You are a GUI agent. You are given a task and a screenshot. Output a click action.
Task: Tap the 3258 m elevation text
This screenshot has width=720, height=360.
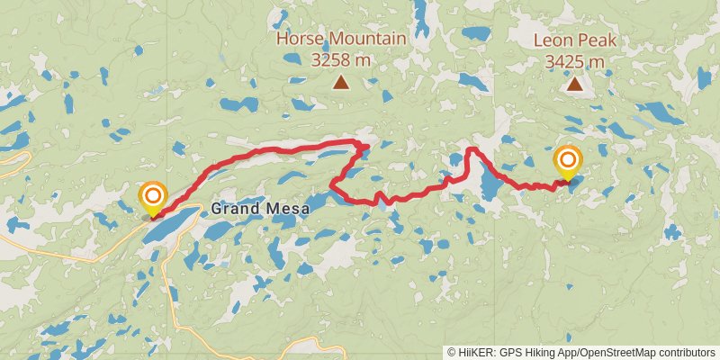[341, 60]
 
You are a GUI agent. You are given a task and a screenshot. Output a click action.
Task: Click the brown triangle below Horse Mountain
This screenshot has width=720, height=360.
[341, 84]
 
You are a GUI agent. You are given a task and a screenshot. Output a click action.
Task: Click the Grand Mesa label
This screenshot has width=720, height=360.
[260, 209]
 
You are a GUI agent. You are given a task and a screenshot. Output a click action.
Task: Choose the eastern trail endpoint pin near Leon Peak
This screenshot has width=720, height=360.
[568, 162]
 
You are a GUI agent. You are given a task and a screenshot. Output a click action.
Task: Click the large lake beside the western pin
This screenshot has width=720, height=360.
[171, 226]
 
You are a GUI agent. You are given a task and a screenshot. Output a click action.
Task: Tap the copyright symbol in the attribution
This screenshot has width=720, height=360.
[452, 352]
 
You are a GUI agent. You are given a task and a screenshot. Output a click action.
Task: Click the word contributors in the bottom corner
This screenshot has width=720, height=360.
[685, 352]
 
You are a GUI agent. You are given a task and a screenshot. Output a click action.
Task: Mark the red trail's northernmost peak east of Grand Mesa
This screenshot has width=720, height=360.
[470, 148]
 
